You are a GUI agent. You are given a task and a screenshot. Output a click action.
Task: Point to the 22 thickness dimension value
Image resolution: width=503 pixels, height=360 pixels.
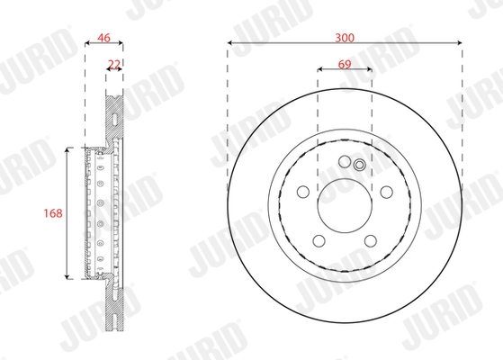[114, 64]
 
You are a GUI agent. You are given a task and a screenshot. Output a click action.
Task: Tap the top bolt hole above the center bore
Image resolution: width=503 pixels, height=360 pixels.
[344, 163]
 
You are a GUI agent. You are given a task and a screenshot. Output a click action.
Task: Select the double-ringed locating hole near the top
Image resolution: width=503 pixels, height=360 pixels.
[359, 165]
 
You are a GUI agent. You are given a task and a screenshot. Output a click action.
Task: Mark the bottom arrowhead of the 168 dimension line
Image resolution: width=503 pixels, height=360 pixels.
[67, 278]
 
